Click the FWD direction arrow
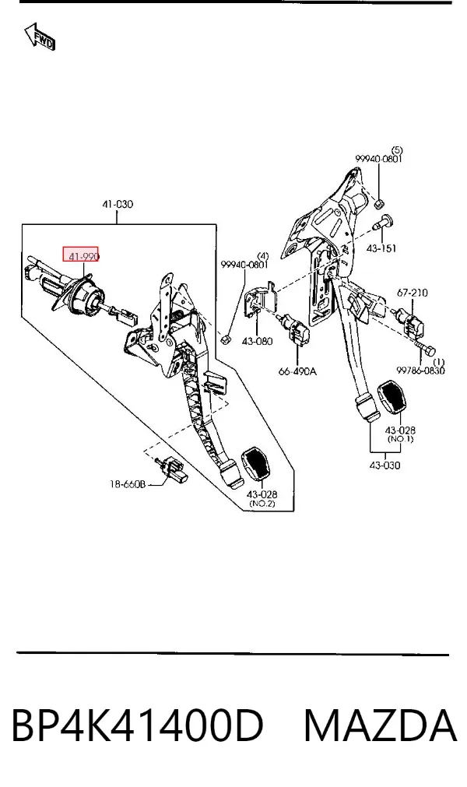(40, 37)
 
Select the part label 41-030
(118, 204)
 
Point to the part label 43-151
(381, 248)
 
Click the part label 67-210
(413, 293)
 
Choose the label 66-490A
(297, 371)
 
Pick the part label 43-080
(257, 341)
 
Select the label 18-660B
(128, 484)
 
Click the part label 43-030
(384, 466)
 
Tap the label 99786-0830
(420, 371)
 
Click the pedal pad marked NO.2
(255, 464)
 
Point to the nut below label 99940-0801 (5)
(380, 203)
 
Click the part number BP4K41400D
(137, 726)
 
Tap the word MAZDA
(381, 726)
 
